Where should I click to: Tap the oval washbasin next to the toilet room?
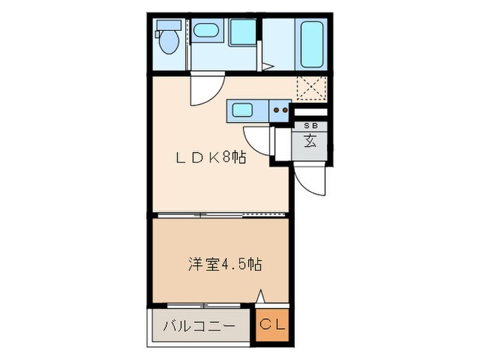point(203,30)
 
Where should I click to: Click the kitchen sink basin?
point(241,110)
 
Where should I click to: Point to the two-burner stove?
point(279,110)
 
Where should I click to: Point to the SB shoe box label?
point(310,126)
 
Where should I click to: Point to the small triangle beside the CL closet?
point(261,298)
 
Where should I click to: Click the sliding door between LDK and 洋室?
point(219,215)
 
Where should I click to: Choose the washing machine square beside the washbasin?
point(241,32)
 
